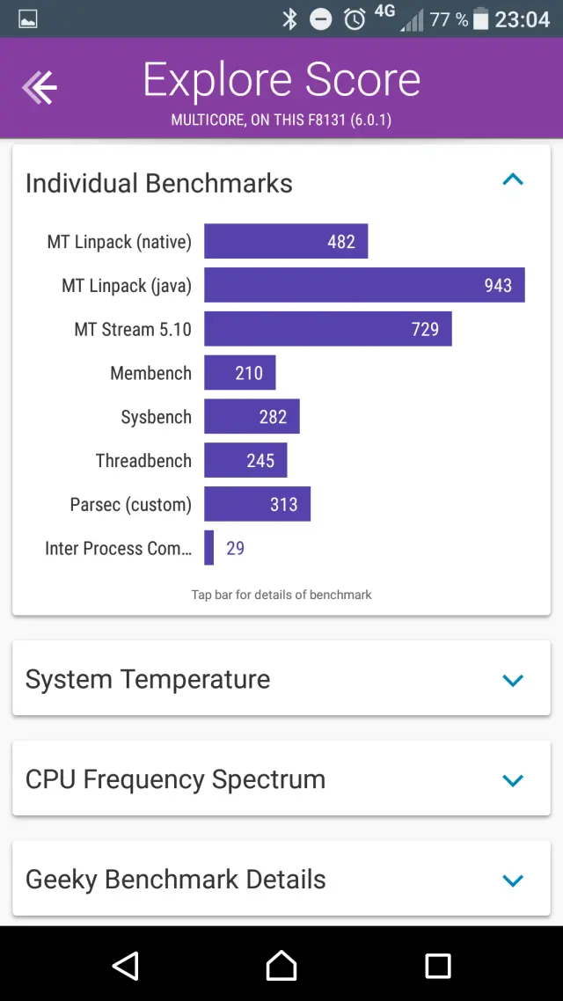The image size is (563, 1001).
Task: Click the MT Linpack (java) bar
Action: (x=364, y=285)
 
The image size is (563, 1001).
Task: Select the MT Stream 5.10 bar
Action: (x=327, y=329)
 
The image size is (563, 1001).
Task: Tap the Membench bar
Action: (x=239, y=373)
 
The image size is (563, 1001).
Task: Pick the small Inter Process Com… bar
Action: (x=209, y=548)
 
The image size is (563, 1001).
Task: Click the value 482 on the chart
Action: (x=341, y=242)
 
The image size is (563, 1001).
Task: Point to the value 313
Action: (x=283, y=505)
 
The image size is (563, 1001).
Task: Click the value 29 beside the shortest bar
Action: (x=236, y=548)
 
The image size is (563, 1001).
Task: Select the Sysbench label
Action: (x=156, y=417)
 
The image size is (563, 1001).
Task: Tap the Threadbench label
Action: (x=143, y=461)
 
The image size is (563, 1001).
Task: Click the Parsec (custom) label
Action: (x=130, y=505)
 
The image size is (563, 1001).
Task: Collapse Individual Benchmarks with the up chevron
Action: (x=512, y=180)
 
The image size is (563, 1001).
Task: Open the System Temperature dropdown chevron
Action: (x=512, y=680)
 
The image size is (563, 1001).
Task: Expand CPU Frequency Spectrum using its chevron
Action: (x=512, y=780)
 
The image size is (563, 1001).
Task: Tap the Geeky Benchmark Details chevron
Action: (x=512, y=880)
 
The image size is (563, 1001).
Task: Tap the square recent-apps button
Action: (x=437, y=966)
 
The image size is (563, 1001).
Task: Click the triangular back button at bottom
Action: (x=126, y=966)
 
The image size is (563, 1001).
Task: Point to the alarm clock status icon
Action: (x=355, y=18)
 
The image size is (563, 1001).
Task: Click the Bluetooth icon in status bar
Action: (x=289, y=18)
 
